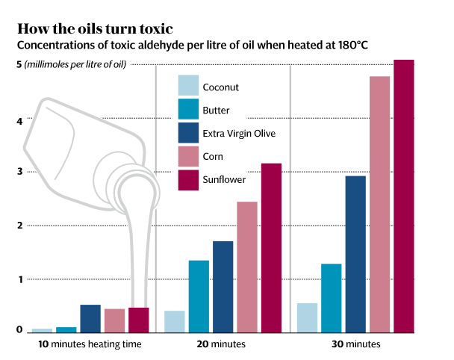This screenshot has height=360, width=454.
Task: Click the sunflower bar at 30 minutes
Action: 403,196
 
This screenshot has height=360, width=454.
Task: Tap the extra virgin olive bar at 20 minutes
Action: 223,286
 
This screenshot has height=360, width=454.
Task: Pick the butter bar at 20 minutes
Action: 199,296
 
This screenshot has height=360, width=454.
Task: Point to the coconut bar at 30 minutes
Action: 307,317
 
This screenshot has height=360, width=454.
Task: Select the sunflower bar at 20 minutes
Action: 271,247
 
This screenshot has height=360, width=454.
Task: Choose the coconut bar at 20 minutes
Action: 174,321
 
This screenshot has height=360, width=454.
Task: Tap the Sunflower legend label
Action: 224,179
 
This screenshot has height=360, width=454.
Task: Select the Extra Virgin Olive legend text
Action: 239,133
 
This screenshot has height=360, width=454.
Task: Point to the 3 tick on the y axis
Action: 20,173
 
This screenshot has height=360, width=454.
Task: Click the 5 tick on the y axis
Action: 19,65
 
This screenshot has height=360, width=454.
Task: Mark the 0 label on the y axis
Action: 19,329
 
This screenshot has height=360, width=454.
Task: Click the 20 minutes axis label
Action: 223,344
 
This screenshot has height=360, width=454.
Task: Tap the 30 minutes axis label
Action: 355,344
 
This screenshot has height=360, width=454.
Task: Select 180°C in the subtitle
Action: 349,46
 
